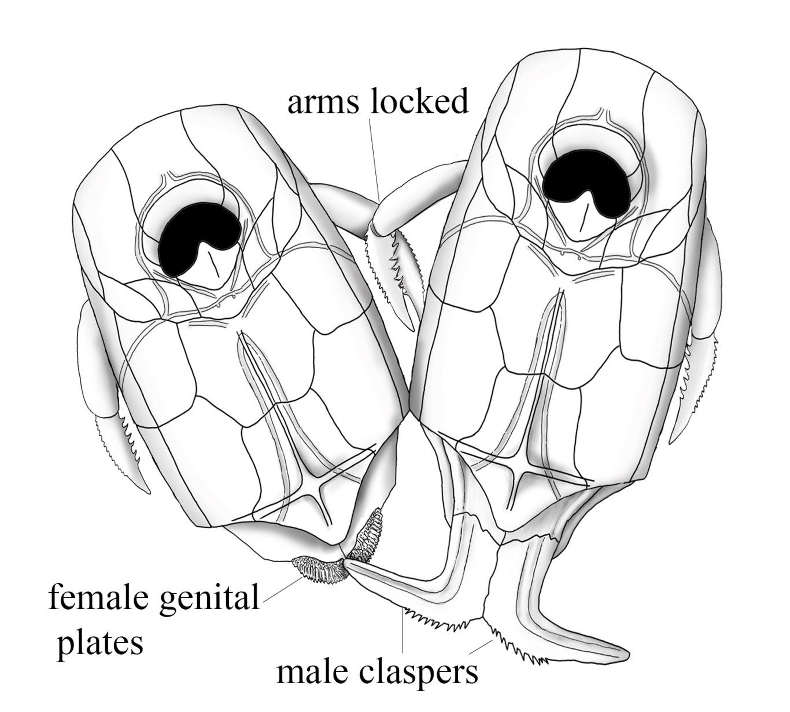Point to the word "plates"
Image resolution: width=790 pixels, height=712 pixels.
(x=99, y=642)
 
